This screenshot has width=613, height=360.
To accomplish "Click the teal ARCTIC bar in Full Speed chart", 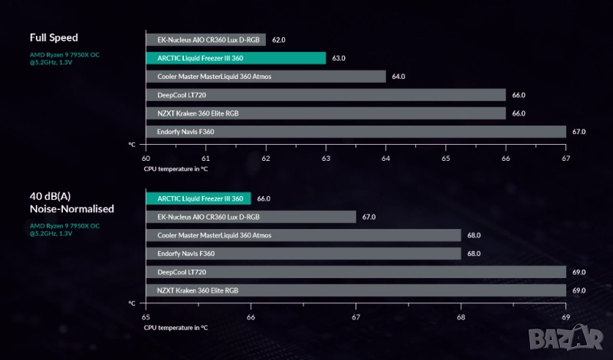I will pyautogui.click(x=235, y=57).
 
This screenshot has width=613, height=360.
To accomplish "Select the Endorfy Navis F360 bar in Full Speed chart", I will pyautogui.click(x=356, y=132).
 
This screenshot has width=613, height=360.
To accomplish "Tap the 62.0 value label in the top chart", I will pyautogui.click(x=278, y=39).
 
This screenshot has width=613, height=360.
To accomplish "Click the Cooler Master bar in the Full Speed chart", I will pyautogui.click(x=265, y=77).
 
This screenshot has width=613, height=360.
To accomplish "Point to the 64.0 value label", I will pyautogui.click(x=398, y=77).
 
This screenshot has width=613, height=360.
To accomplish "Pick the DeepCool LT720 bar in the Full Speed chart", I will pyautogui.click(x=326, y=95).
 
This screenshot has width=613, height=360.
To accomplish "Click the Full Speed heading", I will pyautogui.click(x=54, y=38).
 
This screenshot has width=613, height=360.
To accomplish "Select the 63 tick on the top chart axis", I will pyautogui.click(x=326, y=159).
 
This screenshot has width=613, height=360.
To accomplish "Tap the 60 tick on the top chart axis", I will pyautogui.click(x=146, y=159).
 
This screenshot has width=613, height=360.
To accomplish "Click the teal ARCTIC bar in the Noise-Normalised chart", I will pyautogui.click(x=198, y=198).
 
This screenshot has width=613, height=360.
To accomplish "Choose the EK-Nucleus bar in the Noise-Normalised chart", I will pyautogui.click(x=251, y=217).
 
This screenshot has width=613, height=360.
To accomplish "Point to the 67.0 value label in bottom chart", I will pyautogui.click(x=369, y=217).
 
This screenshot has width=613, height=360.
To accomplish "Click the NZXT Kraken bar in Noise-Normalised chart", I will pyautogui.click(x=356, y=290).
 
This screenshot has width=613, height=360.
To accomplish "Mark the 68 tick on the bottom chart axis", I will pyautogui.click(x=461, y=316).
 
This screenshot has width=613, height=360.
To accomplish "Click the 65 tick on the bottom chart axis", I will pyautogui.click(x=146, y=316).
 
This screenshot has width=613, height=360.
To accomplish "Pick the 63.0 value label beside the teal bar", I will pyautogui.click(x=338, y=58).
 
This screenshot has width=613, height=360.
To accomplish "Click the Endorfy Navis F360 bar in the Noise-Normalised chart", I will pyautogui.click(x=303, y=254).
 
